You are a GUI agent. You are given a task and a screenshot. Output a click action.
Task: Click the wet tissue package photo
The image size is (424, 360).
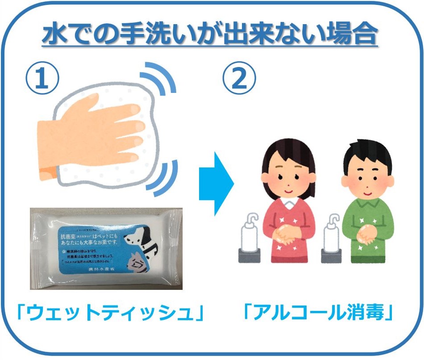(x=106, y=248)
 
